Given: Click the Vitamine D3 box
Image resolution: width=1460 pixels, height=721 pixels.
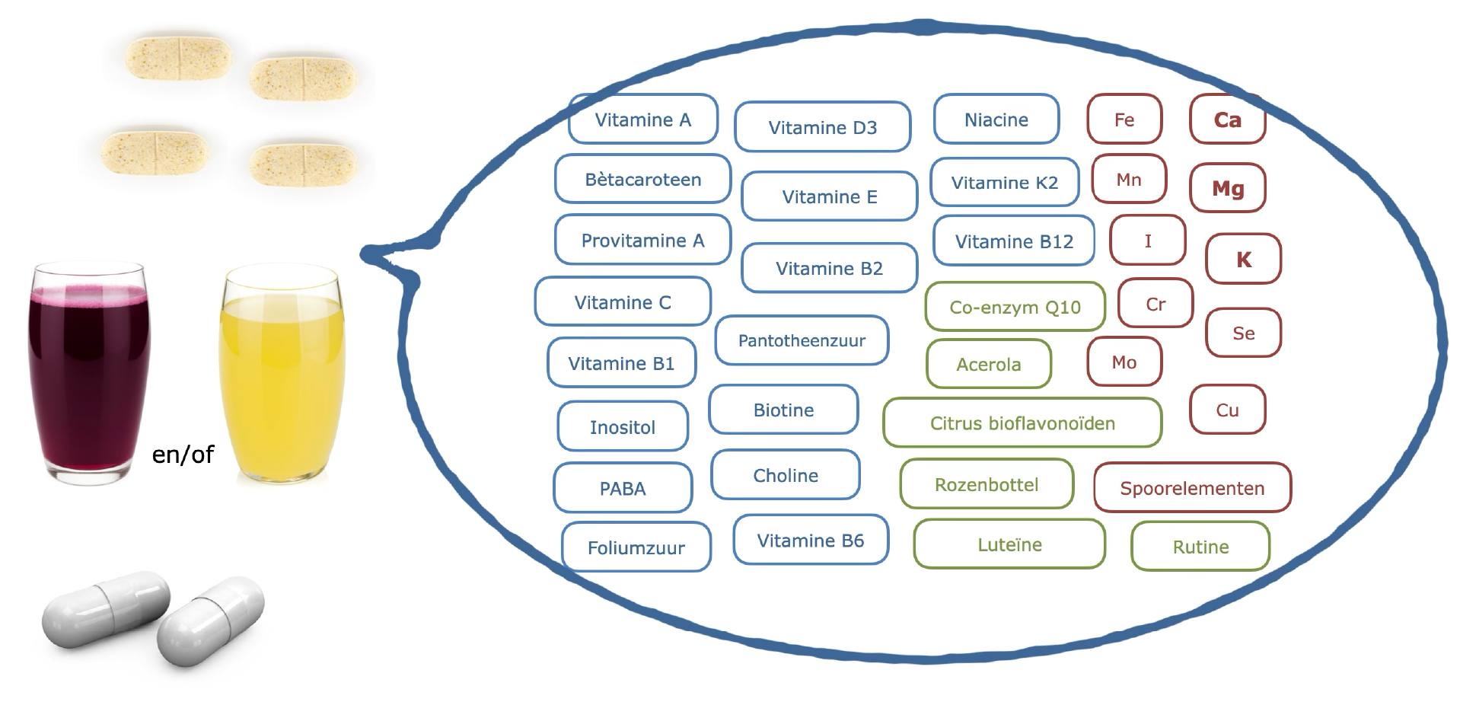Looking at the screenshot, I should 822,127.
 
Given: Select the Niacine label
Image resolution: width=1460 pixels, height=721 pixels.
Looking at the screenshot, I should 996,120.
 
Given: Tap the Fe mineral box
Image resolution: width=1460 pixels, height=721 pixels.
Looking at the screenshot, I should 1124,120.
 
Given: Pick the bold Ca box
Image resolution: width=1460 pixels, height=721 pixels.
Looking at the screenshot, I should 1227,120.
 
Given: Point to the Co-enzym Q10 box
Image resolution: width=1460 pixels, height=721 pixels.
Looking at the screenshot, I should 1015,307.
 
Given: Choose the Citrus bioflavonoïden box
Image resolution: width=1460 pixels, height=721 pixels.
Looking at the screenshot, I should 1022,423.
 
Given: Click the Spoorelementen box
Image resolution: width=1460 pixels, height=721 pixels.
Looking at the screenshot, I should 1192,488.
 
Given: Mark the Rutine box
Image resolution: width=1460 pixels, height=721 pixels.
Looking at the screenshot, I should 1200,547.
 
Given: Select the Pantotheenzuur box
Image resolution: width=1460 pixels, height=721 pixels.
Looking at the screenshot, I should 802,340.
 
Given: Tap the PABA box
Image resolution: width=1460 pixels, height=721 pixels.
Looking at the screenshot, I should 623,488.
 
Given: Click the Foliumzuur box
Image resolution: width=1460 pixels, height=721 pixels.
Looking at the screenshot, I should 636,547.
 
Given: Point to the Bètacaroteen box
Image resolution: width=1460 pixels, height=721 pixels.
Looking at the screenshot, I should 642,180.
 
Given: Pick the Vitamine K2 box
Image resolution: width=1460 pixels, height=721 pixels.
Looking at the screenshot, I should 1004,183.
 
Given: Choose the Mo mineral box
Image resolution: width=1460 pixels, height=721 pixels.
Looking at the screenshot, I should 1124,362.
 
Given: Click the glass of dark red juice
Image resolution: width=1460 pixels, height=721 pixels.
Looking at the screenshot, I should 89,373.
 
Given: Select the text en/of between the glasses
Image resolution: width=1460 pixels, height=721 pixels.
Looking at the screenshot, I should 183,455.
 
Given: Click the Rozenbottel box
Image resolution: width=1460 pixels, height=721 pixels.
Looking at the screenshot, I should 987,484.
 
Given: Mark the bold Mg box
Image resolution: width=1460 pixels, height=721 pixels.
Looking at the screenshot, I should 1228,188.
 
